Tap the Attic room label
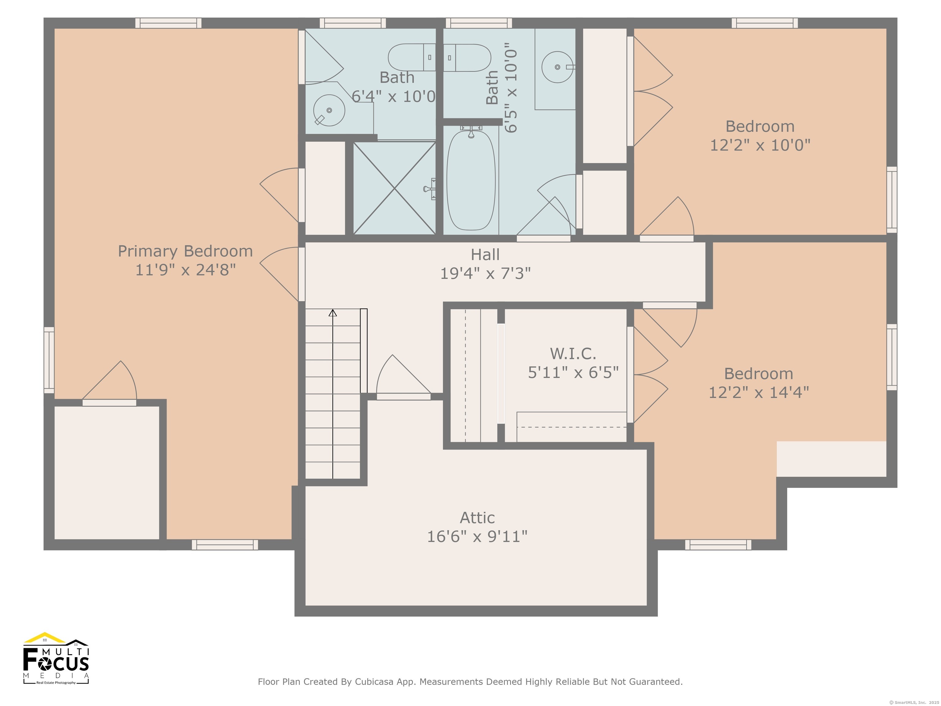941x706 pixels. [x=477, y=518]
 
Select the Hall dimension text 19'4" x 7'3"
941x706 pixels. [x=486, y=273]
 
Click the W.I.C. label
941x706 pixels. [x=573, y=354]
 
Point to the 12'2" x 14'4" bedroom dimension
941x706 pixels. [x=758, y=392]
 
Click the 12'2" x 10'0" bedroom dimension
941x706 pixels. [x=760, y=145]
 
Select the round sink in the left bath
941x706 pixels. [x=329, y=110]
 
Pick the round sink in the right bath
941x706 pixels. [x=557, y=67]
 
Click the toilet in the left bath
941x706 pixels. [x=412, y=57]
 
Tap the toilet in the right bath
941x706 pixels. [x=467, y=57]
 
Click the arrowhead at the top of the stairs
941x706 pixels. [x=333, y=313]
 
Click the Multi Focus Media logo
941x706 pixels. [x=56, y=658]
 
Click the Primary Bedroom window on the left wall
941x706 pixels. [x=49, y=360]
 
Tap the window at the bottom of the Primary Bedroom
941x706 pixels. [x=225, y=545]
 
